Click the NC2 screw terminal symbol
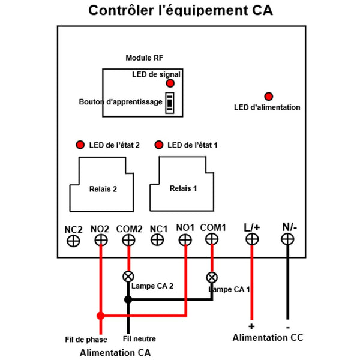point(73,241)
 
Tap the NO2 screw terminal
point(101,241)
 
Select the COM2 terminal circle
point(128,241)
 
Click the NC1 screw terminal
point(157,240)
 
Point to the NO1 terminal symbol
point(185,240)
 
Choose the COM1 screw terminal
point(212,239)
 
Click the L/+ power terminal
point(252,239)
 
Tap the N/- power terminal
point(287,239)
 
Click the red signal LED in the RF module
point(170,83)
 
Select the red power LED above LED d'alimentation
point(269,97)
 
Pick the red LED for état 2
point(80,145)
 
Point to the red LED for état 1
point(159,145)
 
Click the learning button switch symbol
point(170,103)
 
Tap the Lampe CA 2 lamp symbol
point(128,277)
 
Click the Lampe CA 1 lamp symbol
point(212,278)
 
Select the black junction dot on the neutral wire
point(128,299)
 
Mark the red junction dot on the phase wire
point(101,316)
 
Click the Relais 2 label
point(103,189)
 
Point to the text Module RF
point(144,58)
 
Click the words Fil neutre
point(139,339)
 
